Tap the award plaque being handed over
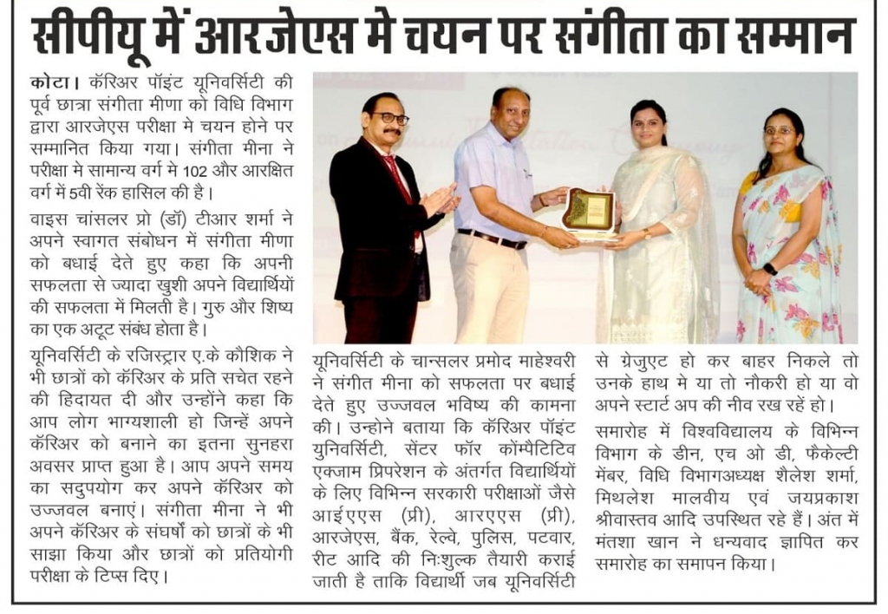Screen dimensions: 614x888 point(588,212)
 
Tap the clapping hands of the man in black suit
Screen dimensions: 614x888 point(440,201)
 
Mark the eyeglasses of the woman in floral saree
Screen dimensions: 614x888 point(779,131)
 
